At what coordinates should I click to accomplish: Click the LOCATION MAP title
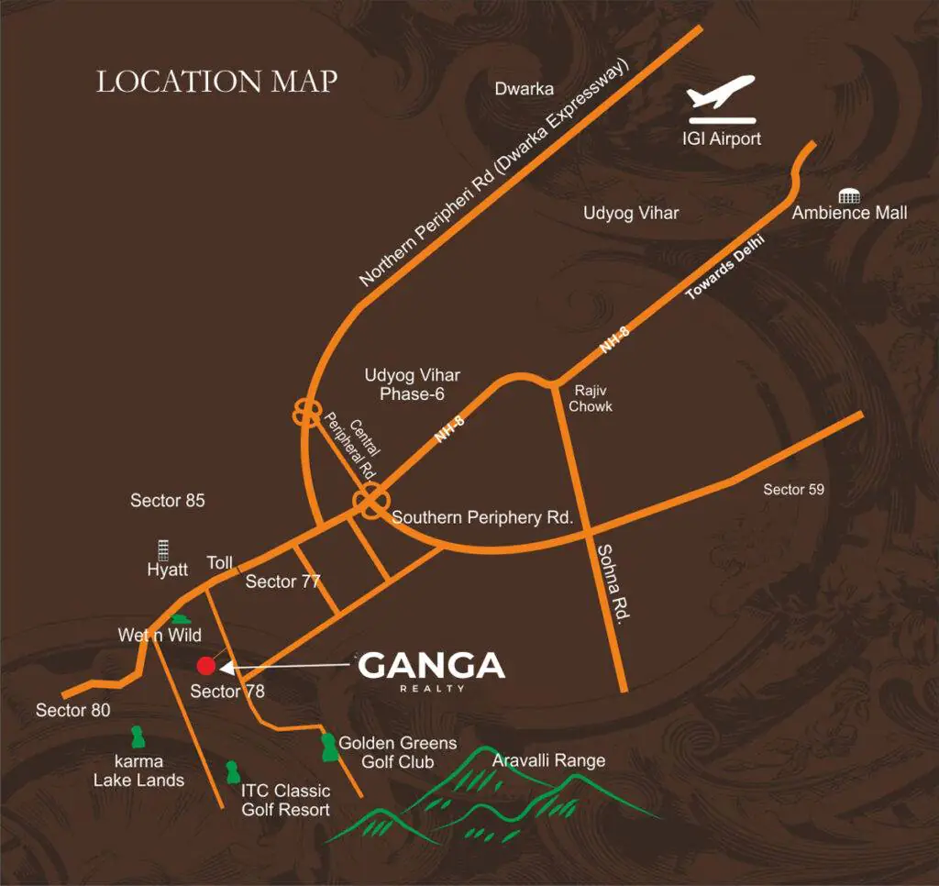[217, 81]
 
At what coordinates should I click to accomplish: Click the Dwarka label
[525, 89]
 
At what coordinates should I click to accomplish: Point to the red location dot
[206, 666]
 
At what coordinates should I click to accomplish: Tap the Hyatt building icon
[164, 549]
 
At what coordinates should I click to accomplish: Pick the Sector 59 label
[793, 490]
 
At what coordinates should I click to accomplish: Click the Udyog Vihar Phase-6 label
[413, 384]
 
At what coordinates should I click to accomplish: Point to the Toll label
[221, 562]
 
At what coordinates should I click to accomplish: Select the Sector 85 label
[168, 501]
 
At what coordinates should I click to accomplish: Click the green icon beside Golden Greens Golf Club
[327, 747]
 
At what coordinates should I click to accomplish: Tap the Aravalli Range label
[548, 760]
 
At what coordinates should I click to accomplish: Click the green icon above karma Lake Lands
[138, 736]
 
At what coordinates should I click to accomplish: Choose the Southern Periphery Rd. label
[482, 517]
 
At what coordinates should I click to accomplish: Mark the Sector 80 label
[73, 710]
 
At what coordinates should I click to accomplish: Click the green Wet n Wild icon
[181, 620]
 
